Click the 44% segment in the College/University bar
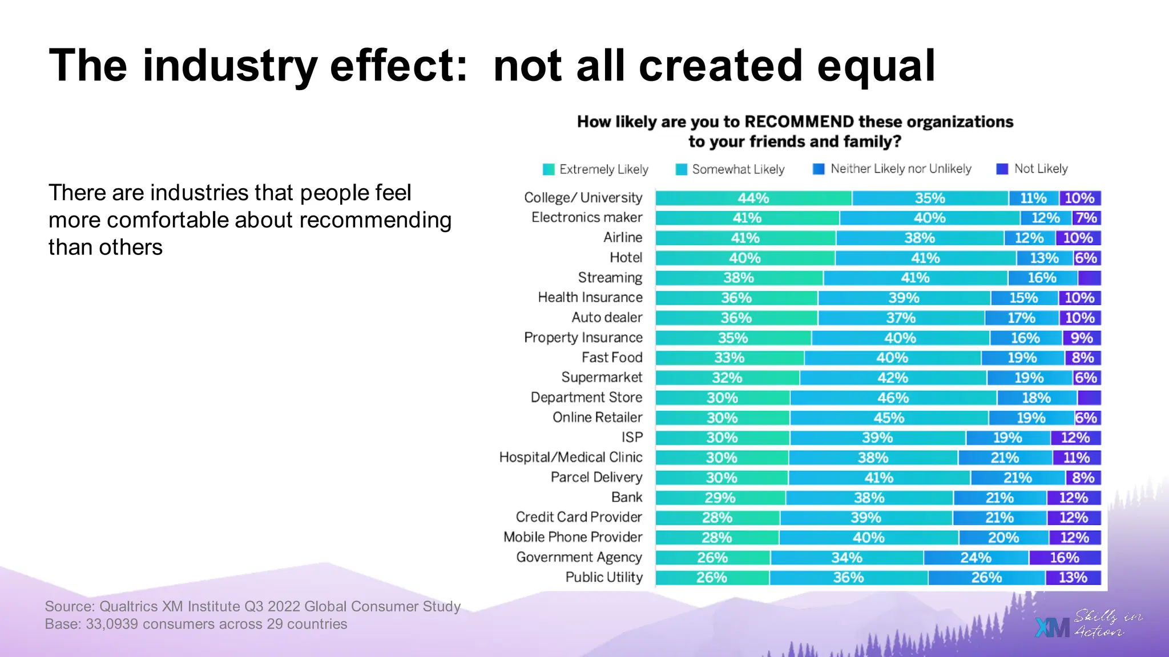click(753, 198)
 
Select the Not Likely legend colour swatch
click(1002, 169)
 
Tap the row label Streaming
click(610, 278)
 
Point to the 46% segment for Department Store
click(893, 398)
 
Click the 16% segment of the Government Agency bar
click(1065, 558)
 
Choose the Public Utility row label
click(604, 577)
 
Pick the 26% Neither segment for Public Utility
click(986, 578)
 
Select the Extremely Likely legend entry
click(596, 169)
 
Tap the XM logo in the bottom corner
click(1052, 627)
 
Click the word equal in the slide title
click(876, 66)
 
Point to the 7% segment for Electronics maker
click(1086, 218)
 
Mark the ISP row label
click(632, 437)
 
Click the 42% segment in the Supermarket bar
click(893, 378)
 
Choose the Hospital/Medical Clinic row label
click(571, 457)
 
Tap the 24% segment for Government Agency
click(975, 558)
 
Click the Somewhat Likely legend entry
click(730, 169)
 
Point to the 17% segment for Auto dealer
click(1021, 318)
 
